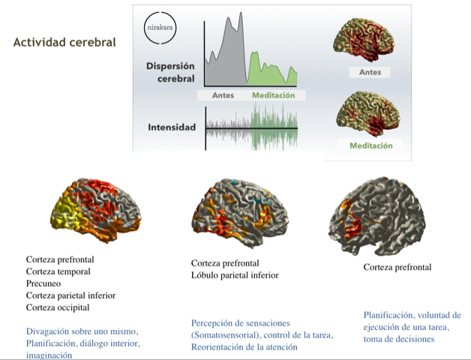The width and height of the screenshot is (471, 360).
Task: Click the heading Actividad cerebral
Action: (x=64, y=42)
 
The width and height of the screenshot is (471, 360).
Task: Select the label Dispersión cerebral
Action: (x=170, y=73)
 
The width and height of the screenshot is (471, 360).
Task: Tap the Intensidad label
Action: (x=172, y=127)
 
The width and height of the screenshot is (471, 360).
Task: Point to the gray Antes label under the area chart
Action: (x=223, y=95)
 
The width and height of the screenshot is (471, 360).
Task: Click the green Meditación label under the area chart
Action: (x=273, y=95)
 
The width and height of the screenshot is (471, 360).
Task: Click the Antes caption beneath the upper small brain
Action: (x=370, y=73)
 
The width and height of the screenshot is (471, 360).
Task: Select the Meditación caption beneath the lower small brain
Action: (x=371, y=145)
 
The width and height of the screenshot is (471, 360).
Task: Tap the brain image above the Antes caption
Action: (x=364, y=40)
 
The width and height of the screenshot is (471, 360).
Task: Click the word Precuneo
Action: (x=43, y=283)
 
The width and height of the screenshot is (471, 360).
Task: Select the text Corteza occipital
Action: (x=58, y=307)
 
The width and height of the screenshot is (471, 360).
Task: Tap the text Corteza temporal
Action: (x=58, y=271)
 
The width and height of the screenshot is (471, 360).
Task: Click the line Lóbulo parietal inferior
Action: (x=235, y=275)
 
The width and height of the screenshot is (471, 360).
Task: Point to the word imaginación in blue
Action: (x=49, y=355)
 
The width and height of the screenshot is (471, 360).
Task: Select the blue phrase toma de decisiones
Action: (x=399, y=339)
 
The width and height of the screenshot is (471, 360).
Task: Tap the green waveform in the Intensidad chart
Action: (x=274, y=126)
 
